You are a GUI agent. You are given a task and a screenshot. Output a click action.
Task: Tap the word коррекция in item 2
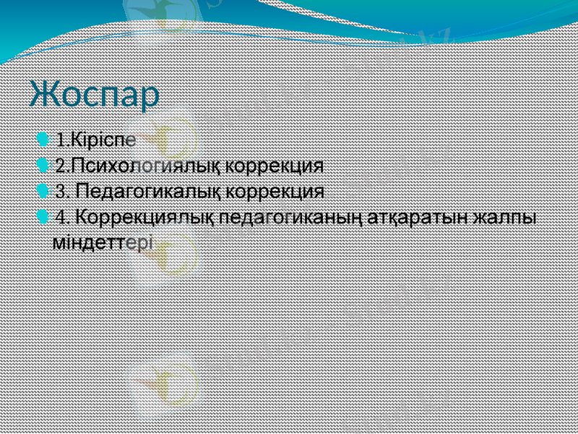(274, 165)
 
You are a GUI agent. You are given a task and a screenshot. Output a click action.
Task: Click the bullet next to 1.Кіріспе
(43, 137)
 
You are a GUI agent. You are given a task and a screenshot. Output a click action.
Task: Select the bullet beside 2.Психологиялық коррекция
(43, 164)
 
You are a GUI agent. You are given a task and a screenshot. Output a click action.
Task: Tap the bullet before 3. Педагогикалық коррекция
(43, 191)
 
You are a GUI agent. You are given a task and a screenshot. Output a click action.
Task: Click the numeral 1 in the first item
(60, 138)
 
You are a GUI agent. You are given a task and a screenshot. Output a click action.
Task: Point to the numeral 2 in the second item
(61, 165)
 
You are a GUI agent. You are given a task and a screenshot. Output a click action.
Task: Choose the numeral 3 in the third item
(61, 192)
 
